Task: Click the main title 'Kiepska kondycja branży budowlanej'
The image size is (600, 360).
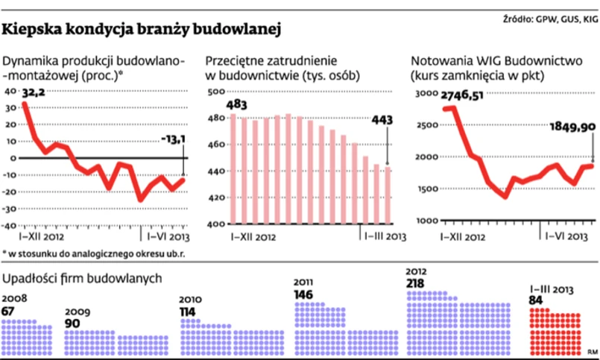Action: click(x=142, y=30)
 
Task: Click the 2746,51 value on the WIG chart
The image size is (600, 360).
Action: click(x=463, y=95)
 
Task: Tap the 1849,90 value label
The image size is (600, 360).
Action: click(x=572, y=127)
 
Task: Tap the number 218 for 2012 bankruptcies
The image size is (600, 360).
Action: click(x=417, y=283)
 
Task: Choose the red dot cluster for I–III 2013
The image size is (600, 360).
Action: click(x=555, y=332)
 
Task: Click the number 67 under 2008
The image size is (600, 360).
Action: click(x=9, y=311)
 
